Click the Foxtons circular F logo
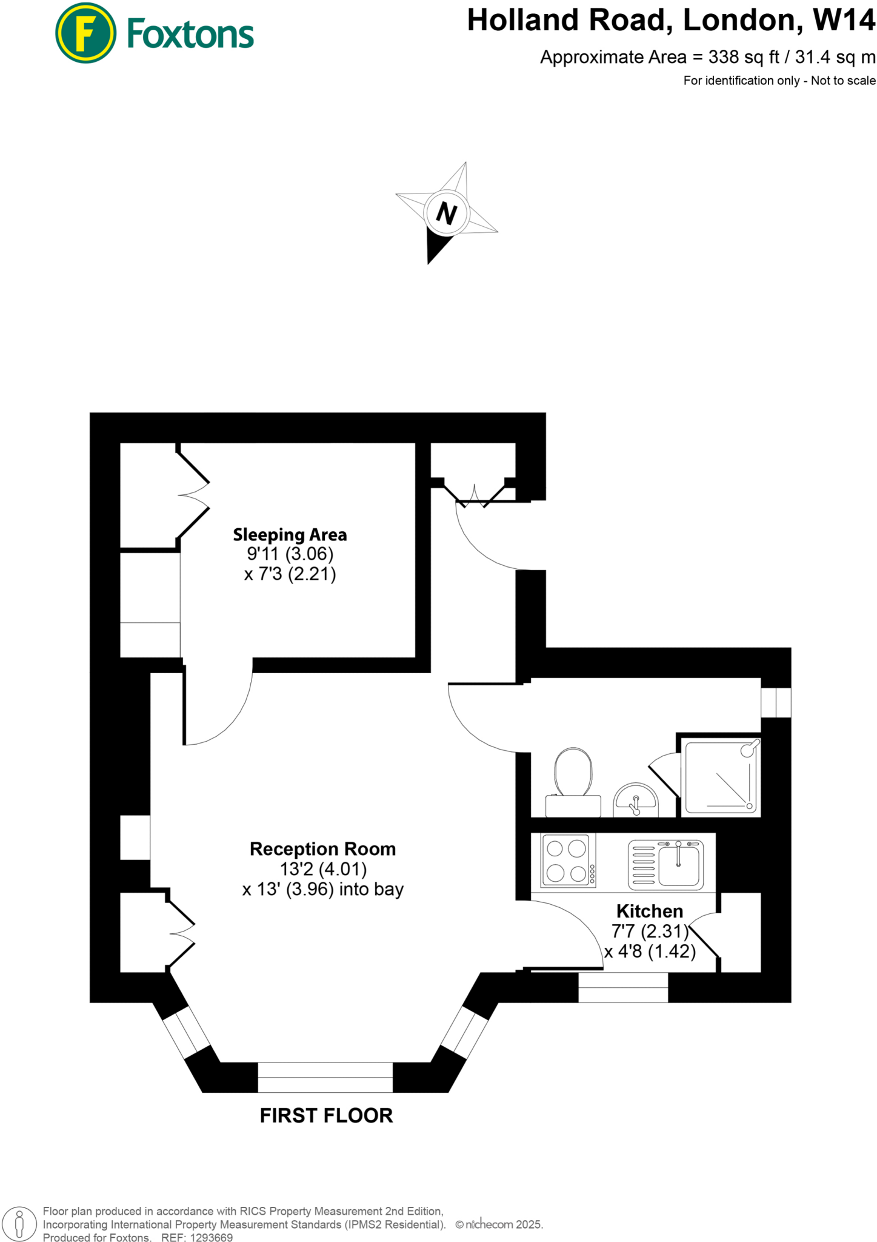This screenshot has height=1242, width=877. coord(85,33)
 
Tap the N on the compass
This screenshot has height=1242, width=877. coord(447,213)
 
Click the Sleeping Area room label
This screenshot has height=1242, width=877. coord(290,535)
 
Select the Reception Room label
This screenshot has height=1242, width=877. coord(322,849)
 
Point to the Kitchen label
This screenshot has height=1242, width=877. coord(649,911)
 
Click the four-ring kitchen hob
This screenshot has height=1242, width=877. coord(567,860)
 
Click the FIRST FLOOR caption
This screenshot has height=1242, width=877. coord(326,1115)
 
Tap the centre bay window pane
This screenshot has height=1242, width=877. coord(325,1077)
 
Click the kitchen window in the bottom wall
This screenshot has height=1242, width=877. coord(623,987)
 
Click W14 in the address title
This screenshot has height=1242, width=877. coord(844,21)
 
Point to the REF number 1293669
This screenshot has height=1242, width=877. coord(212,1238)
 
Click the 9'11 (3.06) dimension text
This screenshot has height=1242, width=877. coord(290,554)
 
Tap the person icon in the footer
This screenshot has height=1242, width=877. coord(19,1224)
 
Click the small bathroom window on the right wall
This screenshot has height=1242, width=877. coord(776,702)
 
